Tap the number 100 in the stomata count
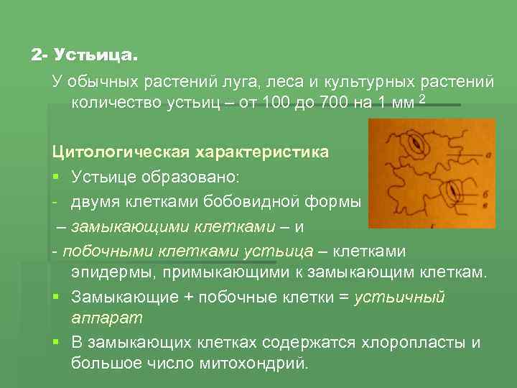277,102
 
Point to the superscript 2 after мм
422,98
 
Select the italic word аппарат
106,317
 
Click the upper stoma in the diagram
416,144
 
